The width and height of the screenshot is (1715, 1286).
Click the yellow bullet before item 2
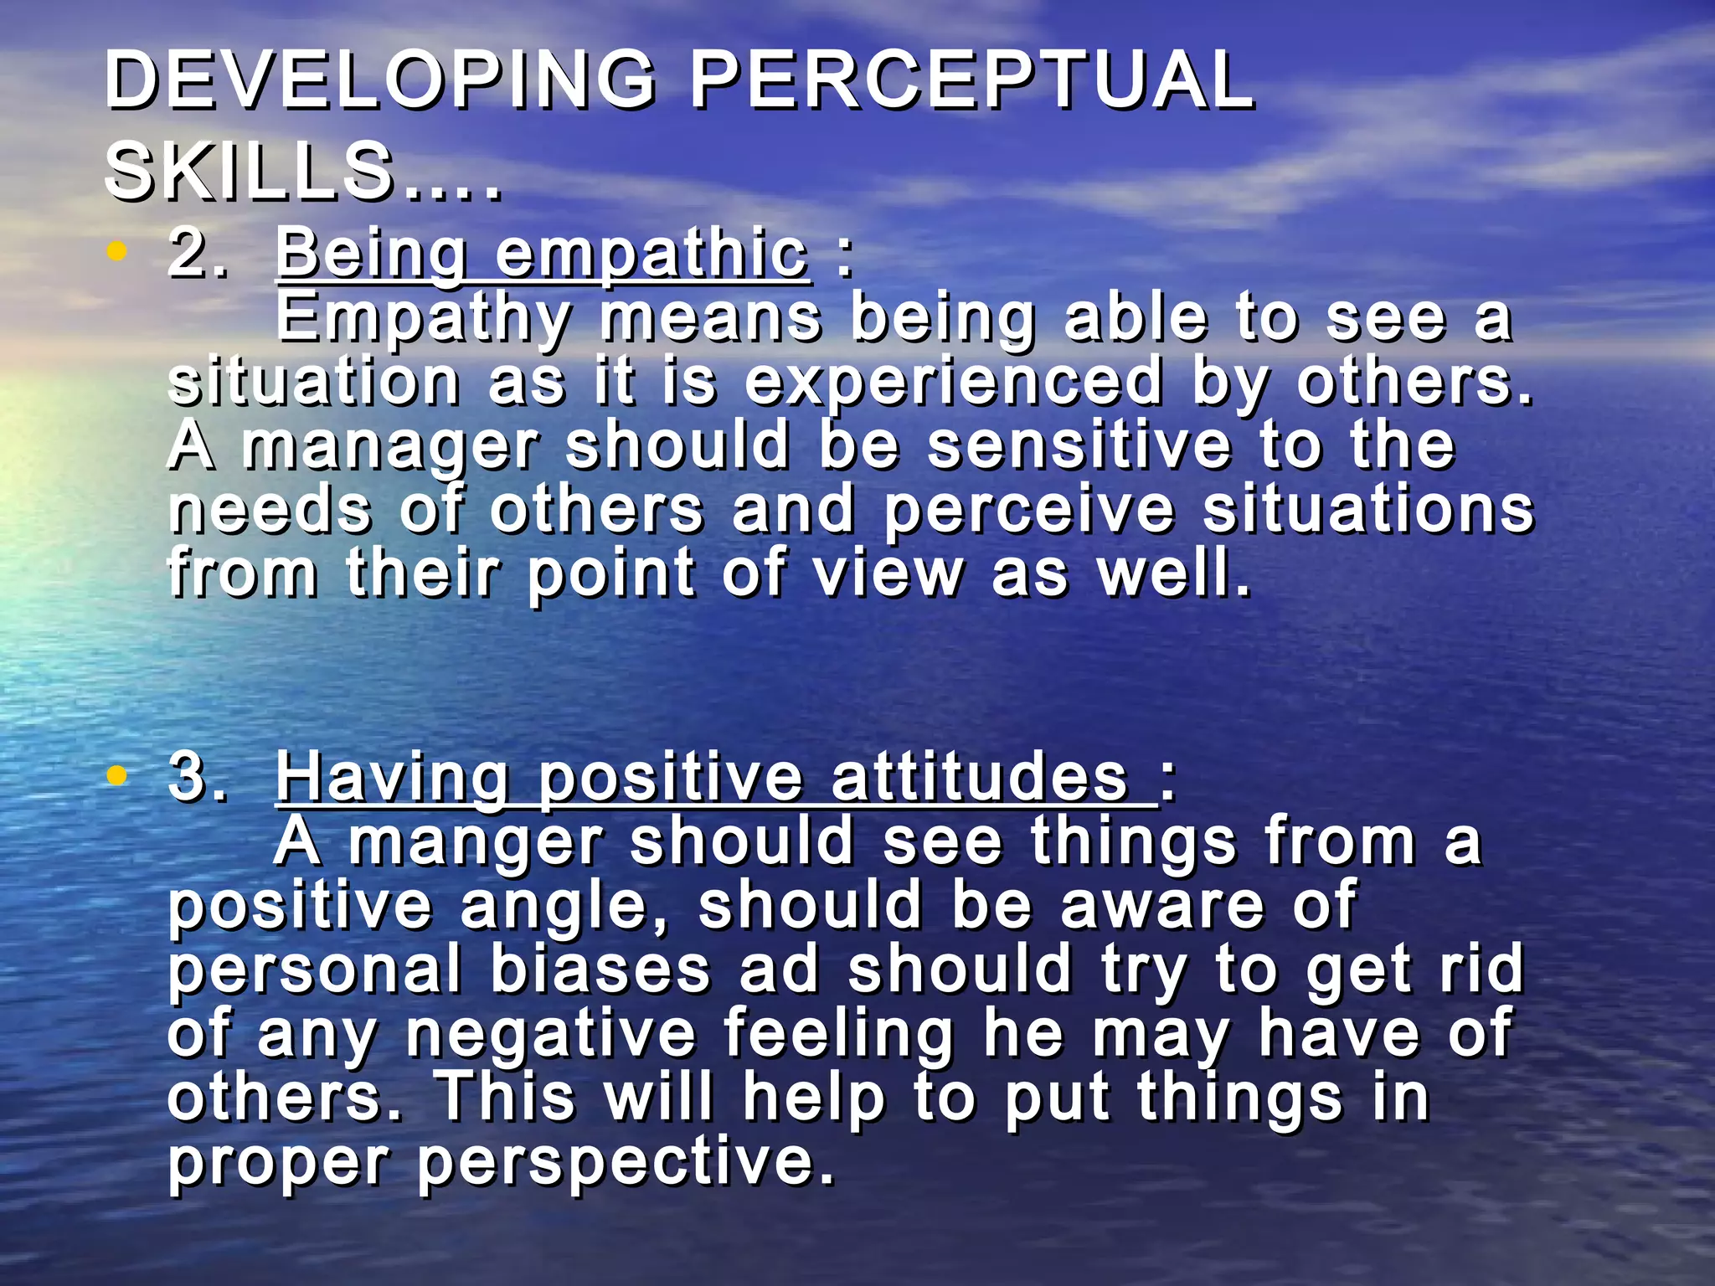(x=117, y=250)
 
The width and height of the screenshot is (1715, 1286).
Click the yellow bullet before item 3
(x=117, y=776)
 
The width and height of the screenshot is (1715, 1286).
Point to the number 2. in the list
(x=198, y=254)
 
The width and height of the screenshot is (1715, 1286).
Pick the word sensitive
(x=1079, y=445)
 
